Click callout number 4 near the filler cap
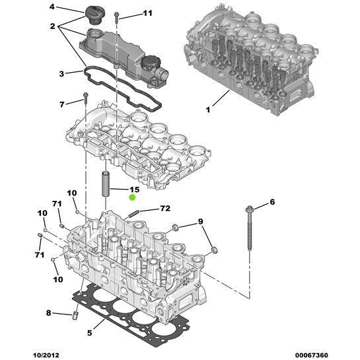(x=53, y=7)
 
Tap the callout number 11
(x=147, y=13)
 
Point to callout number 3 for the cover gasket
(x=61, y=74)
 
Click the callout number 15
(x=134, y=190)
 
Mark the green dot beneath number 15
(x=133, y=198)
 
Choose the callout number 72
(x=164, y=209)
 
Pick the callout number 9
(x=201, y=221)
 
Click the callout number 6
(x=271, y=203)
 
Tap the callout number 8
(x=48, y=312)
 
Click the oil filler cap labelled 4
(x=93, y=14)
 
